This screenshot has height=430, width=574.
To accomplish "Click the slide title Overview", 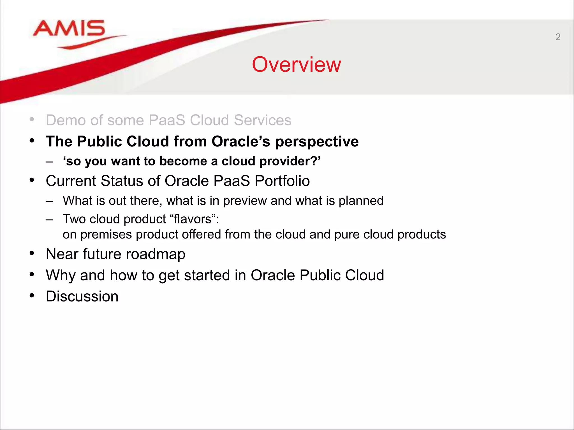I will tap(296, 64).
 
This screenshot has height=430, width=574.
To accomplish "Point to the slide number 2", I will tap(558, 37).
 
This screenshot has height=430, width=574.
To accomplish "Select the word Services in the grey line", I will tap(263, 120).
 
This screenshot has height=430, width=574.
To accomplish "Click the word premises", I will tap(106, 235).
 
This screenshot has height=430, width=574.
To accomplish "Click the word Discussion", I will tap(82, 296).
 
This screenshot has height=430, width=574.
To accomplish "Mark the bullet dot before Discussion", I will tap(32, 296).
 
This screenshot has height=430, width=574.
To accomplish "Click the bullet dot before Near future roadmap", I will tap(32, 253).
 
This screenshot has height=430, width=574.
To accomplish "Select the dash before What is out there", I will tap(49, 201).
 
